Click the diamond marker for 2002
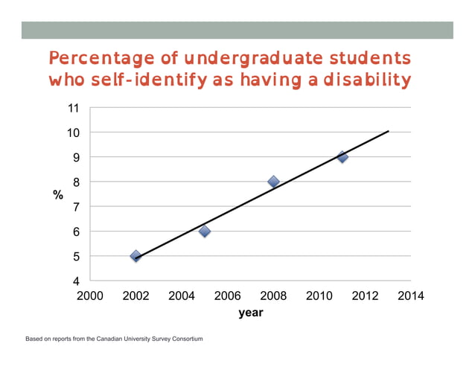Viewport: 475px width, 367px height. (x=136, y=256)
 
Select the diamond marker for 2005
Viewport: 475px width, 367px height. (x=205, y=232)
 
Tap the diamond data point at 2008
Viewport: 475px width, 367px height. (x=273, y=182)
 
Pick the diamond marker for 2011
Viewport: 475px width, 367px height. (x=342, y=157)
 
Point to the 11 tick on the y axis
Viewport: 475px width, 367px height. (x=73, y=108)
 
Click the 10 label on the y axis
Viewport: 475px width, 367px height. (x=73, y=133)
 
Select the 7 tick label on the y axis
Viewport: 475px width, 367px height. (x=76, y=207)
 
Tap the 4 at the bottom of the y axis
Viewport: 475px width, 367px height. (x=76, y=281)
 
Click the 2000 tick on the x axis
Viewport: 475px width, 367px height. (x=90, y=296)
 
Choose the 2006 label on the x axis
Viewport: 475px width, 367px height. (x=227, y=296)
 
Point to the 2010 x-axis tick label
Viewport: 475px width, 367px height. (x=319, y=296)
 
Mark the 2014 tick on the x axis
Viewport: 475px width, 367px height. (x=411, y=296)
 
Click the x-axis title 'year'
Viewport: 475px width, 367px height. (x=250, y=313)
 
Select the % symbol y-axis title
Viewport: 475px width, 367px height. (x=57, y=195)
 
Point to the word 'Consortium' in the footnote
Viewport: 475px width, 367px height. (x=184, y=339)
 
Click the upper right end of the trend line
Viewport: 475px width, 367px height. (x=388, y=132)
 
